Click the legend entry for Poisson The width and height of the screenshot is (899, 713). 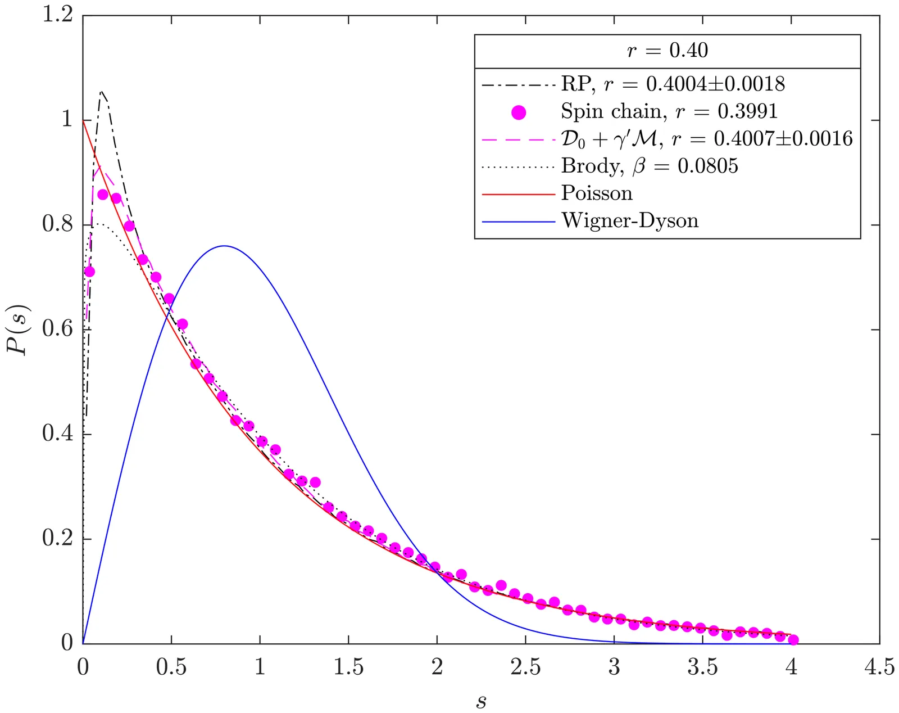[596, 193]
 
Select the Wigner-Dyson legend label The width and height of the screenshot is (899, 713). [629, 220]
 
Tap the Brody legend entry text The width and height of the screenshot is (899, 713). [650, 166]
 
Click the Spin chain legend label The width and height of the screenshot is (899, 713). [669, 111]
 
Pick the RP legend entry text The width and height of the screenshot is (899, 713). [673, 84]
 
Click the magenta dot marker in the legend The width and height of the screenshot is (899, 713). [519, 112]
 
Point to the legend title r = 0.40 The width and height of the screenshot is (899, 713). [667, 51]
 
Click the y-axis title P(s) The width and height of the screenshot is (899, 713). [17, 330]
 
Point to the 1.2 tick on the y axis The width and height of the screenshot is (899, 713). [58, 16]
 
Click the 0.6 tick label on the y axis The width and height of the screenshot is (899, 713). [58, 329]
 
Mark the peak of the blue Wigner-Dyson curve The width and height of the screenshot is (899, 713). [224, 246]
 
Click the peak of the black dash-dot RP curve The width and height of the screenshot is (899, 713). [101, 91]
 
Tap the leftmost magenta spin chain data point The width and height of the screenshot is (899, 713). [89, 272]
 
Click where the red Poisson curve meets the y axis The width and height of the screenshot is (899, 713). [83, 120]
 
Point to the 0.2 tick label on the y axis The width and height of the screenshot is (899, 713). [58, 539]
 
